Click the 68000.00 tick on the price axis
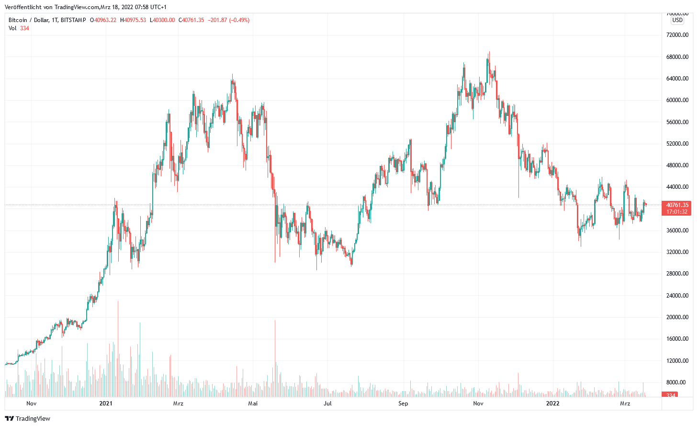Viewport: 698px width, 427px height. pyautogui.click(x=677, y=57)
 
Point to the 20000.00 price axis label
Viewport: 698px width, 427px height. pyautogui.click(x=677, y=317)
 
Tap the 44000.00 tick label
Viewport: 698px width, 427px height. pyautogui.click(x=677, y=187)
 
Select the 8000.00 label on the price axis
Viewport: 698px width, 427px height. pyautogui.click(x=677, y=382)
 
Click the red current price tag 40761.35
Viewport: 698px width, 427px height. pyautogui.click(x=677, y=205)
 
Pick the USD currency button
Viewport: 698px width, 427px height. pyautogui.click(x=677, y=20)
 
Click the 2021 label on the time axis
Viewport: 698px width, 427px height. pyautogui.click(x=106, y=404)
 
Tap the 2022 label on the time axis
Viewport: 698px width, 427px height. pyautogui.click(x=553, y=404)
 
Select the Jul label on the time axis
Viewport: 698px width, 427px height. pyautogui.click(x=327, y=404)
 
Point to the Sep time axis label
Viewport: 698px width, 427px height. pyautogui.click(x=403, y=404)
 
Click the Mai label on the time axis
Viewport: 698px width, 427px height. pyautogui.click(x=253, y=404)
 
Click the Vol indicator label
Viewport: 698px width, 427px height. pyautogui.click(x=12, y=28)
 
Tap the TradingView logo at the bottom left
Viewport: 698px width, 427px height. pyautogui.click(x=28, y=418)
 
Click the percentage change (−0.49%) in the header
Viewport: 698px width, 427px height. pyautogui.click(x=239, y=20)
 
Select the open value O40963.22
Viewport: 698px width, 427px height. pyautogui.click(x=103, y=20)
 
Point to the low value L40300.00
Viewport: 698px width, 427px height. pyautogui.click(x=162, y=20)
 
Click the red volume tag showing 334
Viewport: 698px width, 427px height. pyautogui.click(x=671, y=395)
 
